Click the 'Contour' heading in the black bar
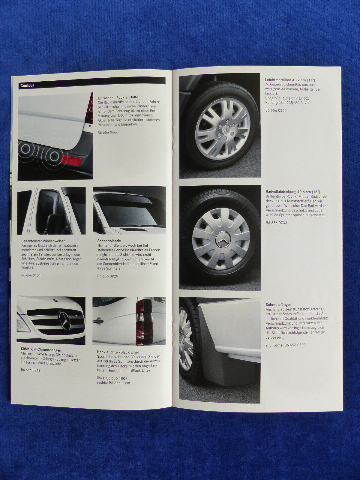tap(27, 85)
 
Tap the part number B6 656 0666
tap(108, 132)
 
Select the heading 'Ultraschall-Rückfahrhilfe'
tap(118, 97)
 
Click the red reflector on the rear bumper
tap(71, 158)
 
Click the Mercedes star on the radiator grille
tap(66, 320)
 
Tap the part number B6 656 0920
tap(107, 276)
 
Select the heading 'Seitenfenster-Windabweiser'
tap(43, 241)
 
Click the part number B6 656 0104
tap(31, 275)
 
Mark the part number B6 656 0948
tap(31, 370)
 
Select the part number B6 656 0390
tap(276, 110)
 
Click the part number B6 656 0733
tap(276, 223)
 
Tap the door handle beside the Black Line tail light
tap(98, 321)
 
